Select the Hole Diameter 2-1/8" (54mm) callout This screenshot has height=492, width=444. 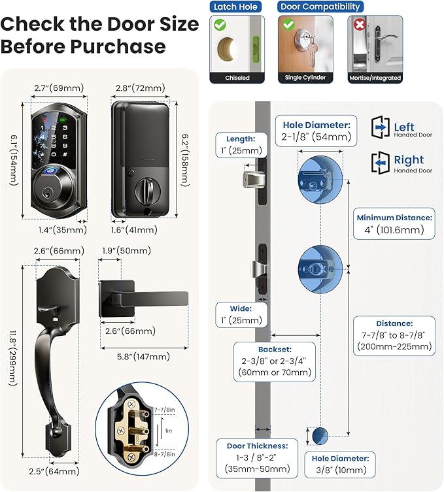tap(317, 131)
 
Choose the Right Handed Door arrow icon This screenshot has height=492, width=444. tap(381, 161)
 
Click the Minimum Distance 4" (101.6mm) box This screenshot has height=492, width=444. tap(394, 223)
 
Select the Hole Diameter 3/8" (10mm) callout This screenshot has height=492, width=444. tap(339, 465)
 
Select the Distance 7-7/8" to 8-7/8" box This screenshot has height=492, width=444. tap(394, 335)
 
